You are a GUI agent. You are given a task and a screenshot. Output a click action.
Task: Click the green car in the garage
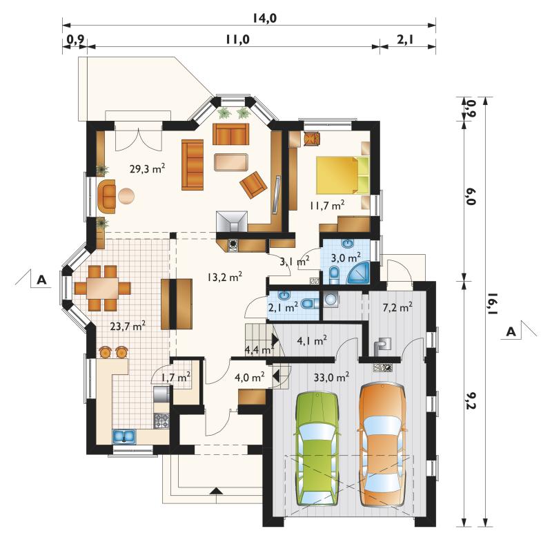tap(318, 449)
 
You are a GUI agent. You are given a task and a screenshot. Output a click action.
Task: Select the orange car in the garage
tap(381, 445)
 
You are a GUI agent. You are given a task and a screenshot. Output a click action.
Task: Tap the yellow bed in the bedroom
tap(342, 175)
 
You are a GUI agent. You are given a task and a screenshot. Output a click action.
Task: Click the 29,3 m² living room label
tap(148, 168)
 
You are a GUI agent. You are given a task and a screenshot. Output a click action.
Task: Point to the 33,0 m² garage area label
tap(331, 378)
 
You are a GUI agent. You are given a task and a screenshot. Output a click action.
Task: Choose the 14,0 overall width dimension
tap(264, 18)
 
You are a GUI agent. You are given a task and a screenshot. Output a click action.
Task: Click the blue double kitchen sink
tap(124, 436)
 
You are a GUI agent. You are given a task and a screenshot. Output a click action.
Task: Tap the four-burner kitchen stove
tap(161, 421)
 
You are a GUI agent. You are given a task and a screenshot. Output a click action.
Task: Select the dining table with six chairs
tap(102, 288)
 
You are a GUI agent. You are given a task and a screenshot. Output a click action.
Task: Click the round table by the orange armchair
tap(126, 196)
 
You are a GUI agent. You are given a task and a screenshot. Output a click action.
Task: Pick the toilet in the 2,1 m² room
tap(310, 303)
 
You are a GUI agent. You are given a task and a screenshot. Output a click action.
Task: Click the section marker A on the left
tap(42, 280)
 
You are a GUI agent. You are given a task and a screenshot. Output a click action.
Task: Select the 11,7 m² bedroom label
tap(327, 204)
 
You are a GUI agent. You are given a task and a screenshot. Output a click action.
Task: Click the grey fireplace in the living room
tap(232, 222)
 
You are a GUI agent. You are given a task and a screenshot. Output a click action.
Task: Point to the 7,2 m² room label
tap(397, 307)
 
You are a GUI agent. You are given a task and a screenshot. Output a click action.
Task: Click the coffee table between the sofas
tap(230, 162)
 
